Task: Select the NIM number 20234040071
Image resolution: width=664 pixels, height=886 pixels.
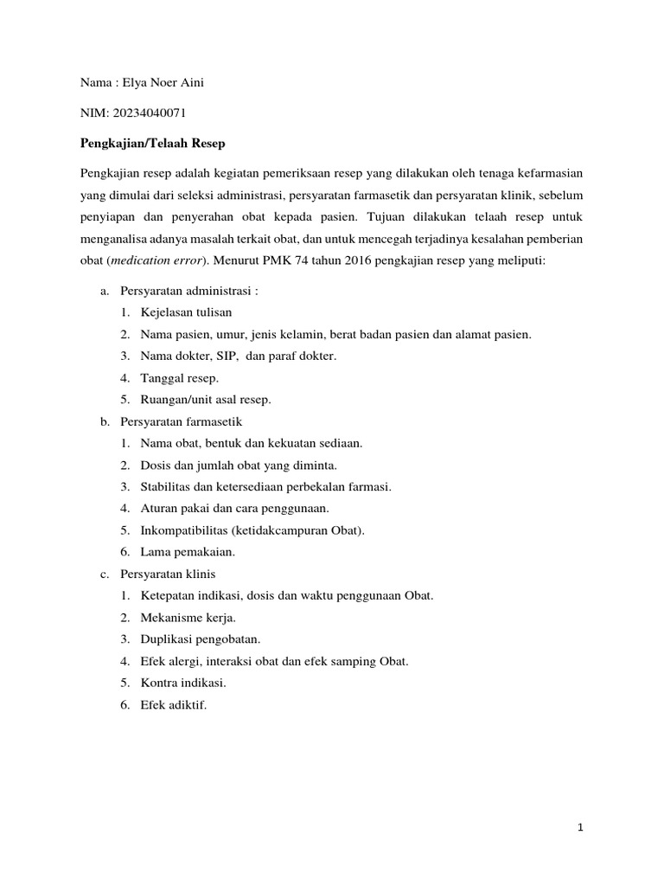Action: pyautogui.click(x=147, y=112)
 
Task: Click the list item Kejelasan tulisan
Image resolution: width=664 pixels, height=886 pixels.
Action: pyautogui.click(x=186, y=312)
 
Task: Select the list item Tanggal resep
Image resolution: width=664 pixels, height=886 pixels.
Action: pyautogui.click(x=180, y=378)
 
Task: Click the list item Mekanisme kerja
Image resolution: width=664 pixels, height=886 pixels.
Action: pyautogui.click(x=188, y=618)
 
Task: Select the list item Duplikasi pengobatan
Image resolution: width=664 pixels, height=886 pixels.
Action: pyautogui.click(x=201, y=639)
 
